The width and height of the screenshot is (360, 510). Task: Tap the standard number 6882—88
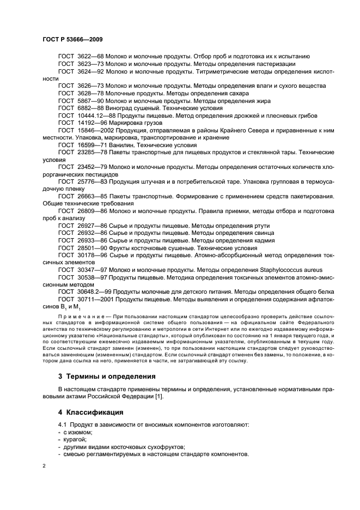tap(89, 108)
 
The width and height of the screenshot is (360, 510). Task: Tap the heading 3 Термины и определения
tap(106, 376)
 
